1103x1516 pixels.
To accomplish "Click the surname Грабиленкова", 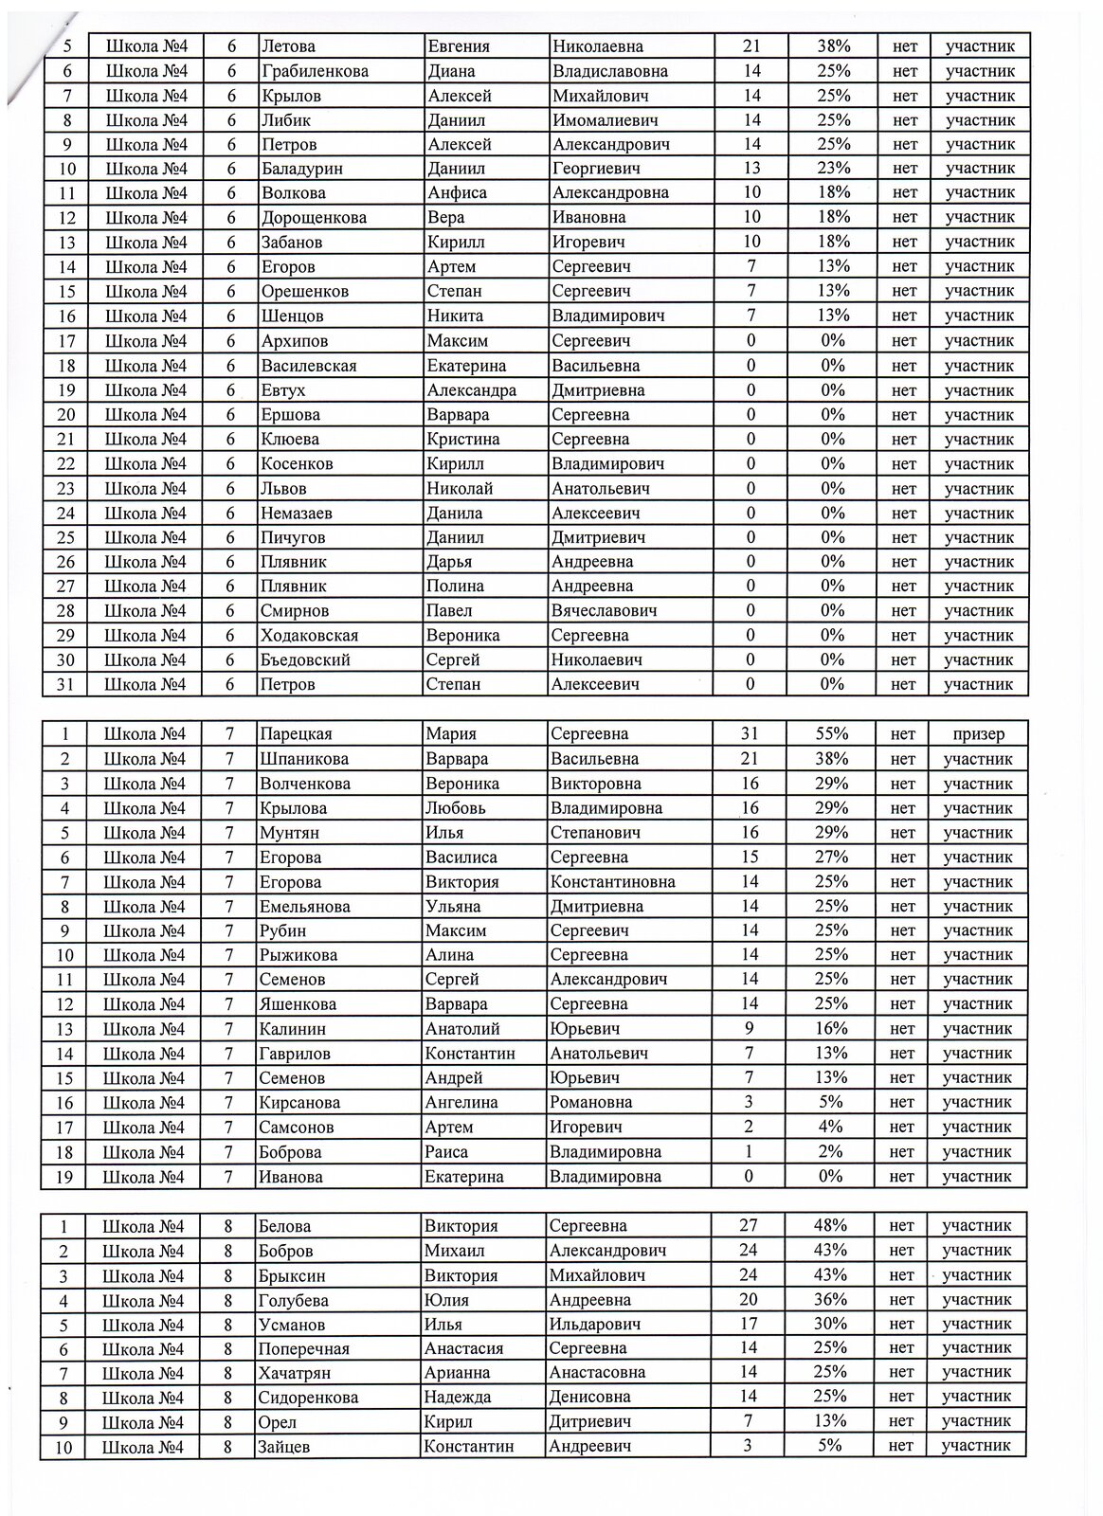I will pyautogui.click(x=316, y=71).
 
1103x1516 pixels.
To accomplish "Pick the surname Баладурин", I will pyautogui.click(x=301, y=169).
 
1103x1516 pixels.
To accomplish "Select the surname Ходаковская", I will pyautogui.click(x=309, y=636).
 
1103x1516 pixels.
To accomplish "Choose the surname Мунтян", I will pyautogui.click(x=289, y=833).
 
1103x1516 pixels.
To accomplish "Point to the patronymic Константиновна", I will pyautogui.click(x=612, y=882).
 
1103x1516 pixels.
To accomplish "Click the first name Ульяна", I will pyautogui.click(x=454, y=907).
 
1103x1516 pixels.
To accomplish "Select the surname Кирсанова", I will pyautogui.click(x=299, y=1103).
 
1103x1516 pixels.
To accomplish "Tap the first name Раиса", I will pyautogui.click(x=446, y=1152).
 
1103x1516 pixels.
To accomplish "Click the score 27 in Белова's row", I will pyautogui.click(x=748, y=1226).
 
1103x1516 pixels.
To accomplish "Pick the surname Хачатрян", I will pyautogui.click(x=295, y=1373).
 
